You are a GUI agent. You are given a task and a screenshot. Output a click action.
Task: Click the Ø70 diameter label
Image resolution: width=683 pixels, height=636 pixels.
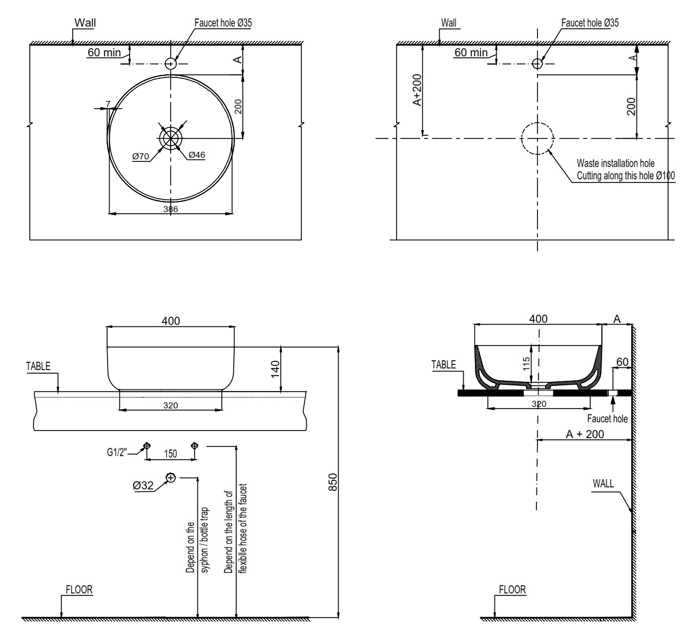(140, 156)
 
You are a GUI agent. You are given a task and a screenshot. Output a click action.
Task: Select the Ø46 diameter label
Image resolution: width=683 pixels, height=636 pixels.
(197, 155)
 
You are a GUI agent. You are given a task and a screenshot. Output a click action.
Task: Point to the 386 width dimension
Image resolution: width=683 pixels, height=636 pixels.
(171, 209)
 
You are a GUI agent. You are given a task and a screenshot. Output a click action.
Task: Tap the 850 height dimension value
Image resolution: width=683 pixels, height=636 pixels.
(333, 482)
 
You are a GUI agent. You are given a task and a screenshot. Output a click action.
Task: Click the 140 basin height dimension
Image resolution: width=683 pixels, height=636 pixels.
(275, 369)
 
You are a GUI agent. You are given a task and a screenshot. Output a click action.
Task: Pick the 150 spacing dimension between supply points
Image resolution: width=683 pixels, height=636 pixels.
(170, 454)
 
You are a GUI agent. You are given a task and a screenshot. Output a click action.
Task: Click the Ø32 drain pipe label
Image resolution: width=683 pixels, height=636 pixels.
(143, 485)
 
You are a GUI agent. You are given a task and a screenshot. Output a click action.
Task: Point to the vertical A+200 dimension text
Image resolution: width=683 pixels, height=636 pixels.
(417, 90)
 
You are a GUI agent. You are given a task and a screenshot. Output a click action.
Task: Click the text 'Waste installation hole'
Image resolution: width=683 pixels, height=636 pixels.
(615, 163)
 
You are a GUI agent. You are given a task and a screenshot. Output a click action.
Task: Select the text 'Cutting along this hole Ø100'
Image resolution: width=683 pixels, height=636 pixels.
(626, 176)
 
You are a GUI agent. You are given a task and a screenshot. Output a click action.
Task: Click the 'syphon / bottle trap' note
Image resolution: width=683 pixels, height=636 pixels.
(205, 540)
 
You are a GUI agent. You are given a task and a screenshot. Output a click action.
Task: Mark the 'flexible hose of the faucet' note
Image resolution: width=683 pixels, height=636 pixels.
(243, 528)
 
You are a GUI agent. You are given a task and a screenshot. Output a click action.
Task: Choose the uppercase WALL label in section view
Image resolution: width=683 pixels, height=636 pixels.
(603, 483)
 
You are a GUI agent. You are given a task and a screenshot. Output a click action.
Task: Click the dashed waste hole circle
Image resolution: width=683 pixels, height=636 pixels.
(537, 138)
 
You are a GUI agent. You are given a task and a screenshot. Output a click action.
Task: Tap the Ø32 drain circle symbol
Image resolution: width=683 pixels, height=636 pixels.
(170, 478)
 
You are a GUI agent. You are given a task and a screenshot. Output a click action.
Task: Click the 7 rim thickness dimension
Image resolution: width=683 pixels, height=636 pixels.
(108, 104)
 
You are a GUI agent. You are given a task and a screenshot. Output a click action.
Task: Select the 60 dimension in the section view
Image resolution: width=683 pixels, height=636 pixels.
(622, 362)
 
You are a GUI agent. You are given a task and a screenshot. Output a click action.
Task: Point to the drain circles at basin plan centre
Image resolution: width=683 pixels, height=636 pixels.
(171, 138)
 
